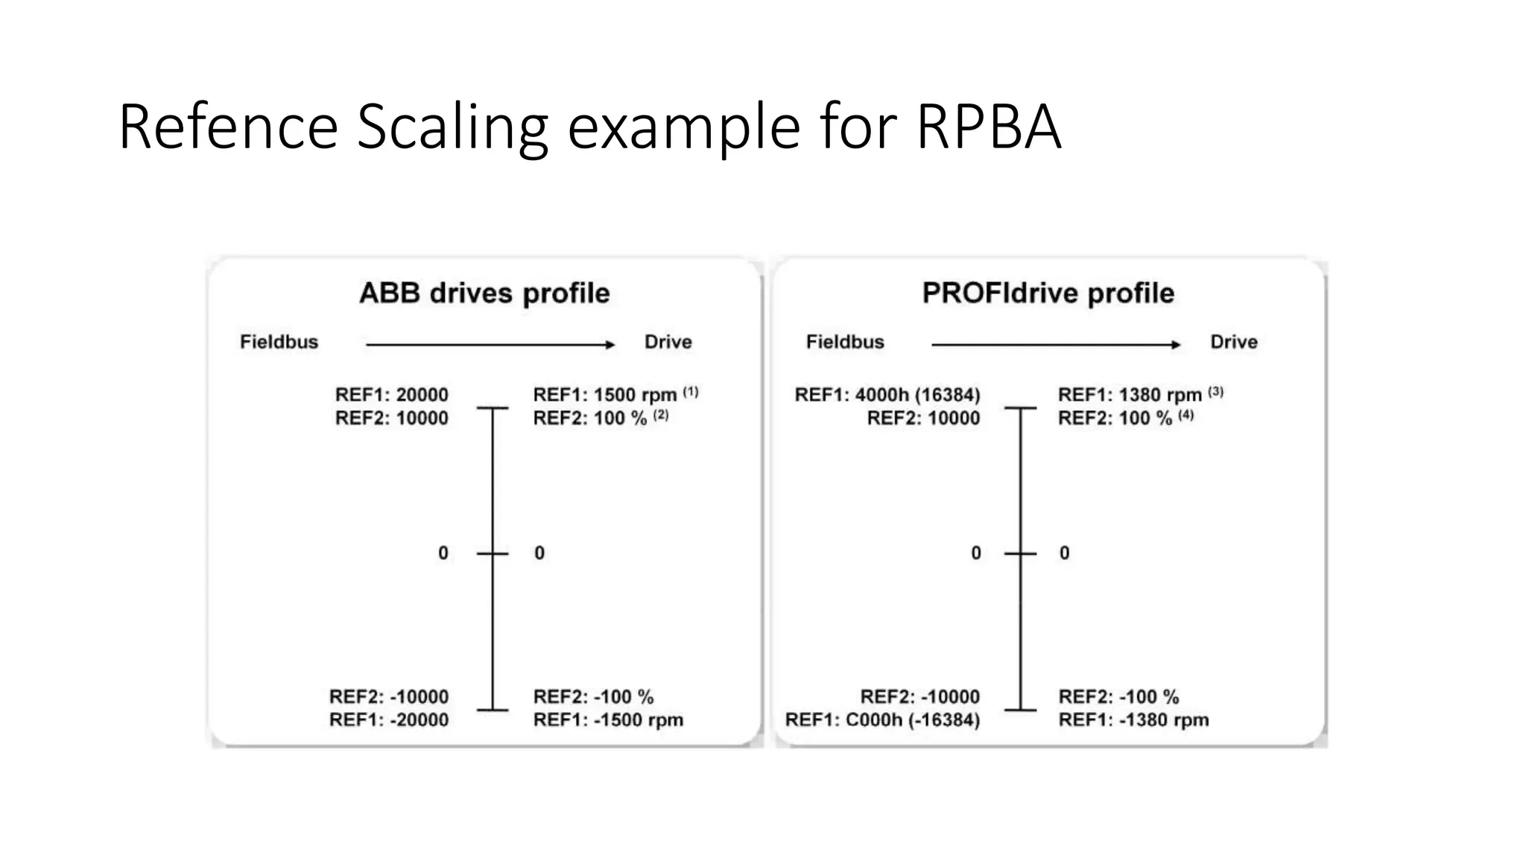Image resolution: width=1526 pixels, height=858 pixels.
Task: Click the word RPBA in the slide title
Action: click(x=988, y=127)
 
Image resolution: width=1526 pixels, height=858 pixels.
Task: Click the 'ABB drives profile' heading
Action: click(x=484, y=293)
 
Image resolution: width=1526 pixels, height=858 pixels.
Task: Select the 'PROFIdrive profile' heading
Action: click(x=1048, y=293)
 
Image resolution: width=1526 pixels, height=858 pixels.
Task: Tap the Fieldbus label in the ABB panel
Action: click(x=279, y=342)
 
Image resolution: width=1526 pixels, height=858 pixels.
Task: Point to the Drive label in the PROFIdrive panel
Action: click(x=1234, y=342)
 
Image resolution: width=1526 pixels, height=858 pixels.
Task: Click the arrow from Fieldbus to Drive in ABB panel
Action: click(x=490, y=345)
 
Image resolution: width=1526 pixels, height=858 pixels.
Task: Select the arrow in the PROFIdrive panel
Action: click(x=1056, y=345)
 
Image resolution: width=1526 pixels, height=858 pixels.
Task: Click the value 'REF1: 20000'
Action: click(x=392, y=395)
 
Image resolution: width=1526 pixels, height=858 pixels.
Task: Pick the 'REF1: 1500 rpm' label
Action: click(x=604, y=395)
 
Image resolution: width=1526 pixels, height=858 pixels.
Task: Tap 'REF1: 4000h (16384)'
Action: click(x=887, y=395)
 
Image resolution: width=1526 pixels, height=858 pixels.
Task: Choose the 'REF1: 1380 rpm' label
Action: click(x=1130, y=395)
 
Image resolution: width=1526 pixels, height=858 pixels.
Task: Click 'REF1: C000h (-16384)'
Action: click(x=883, y=720)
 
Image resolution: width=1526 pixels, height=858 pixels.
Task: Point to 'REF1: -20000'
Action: click(x=389, y=720)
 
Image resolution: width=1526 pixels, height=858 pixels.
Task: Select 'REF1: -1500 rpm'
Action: click(x=608, y=720)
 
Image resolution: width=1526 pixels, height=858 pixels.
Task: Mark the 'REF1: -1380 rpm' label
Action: click(x=1133, y=720)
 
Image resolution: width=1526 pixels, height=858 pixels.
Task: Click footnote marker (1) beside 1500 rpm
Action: click(x=691, y=391)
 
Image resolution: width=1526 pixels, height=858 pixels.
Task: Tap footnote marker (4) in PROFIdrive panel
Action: click(x=1186, y=415)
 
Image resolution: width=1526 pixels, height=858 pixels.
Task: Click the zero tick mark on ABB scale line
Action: click(x=493, y=553)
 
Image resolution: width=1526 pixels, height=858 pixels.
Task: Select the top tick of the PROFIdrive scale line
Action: click(x=1020, y=408)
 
